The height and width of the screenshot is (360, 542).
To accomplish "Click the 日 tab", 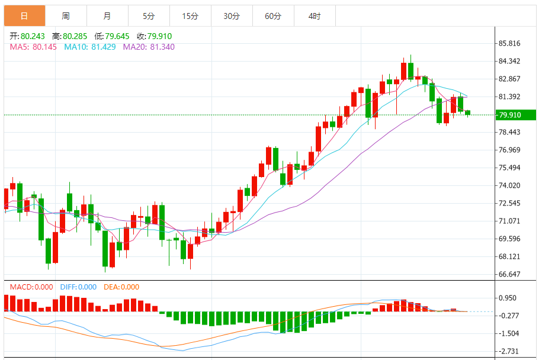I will (24, 16).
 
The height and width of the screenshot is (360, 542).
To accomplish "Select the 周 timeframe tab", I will (65, 16).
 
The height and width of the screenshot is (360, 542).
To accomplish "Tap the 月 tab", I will (107, 16).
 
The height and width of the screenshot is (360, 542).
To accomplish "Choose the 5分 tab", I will (148, 16).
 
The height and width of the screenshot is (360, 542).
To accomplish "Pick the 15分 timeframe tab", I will (190, 16).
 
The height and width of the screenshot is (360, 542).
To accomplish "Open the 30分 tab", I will (232, 16).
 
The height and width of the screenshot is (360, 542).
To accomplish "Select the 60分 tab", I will (273, 16).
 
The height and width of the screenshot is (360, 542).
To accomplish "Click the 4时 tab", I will (315, 16).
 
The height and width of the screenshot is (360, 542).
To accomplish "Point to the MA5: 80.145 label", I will (33, 47).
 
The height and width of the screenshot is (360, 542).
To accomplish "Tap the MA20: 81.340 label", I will (149, 47).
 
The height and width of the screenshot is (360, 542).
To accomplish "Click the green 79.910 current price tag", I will (514, 115).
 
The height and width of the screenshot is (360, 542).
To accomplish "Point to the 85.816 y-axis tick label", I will (509, 44).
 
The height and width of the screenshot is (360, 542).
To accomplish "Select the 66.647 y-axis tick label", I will (509, 275).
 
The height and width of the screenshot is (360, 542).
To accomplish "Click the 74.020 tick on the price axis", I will (509, 186).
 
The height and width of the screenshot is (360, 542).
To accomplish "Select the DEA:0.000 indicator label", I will (121, 287).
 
